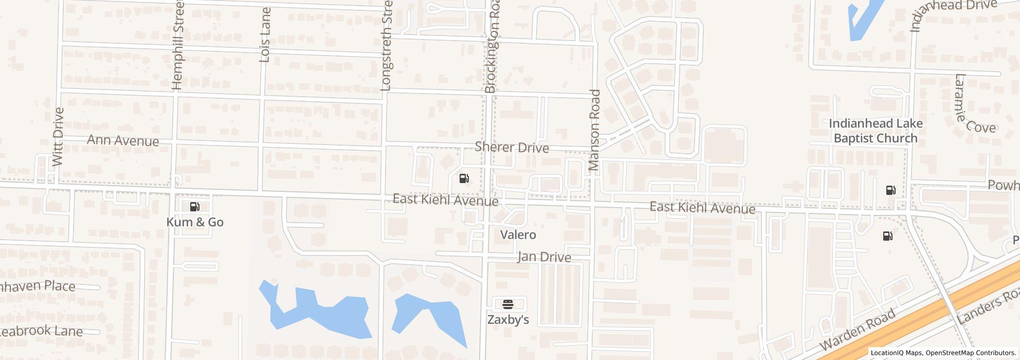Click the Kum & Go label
tap(195, 222)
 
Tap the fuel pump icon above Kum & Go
tap(195, 207)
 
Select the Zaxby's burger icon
tap(507, 303)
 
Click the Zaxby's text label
tap(508, 319)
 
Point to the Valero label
tap(518, 235)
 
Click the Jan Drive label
tap(544, 257)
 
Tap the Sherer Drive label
tap(512, 148)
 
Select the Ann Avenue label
tap(123, 140)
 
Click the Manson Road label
tap(594, 130)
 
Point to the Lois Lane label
tap(265, 35)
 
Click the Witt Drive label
tap(58, 137)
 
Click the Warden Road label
tap(857, 329)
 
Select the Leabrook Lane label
tap(41, 331)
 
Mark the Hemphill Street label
tap(178, 46)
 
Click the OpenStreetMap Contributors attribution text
tap(970, 353)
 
